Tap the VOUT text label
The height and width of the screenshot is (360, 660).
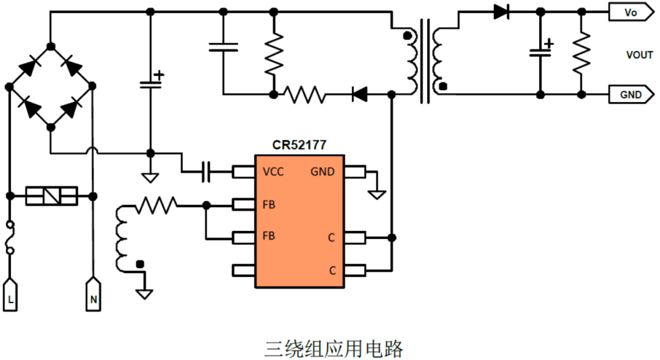pos(639,54)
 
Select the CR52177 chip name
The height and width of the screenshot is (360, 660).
pos(299,145)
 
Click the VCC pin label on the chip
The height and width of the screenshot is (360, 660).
pos(273,172)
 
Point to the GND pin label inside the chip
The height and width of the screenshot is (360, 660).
pos(322,172)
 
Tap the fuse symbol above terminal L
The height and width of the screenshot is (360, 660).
pos(10,238)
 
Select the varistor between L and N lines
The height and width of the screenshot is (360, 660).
pos(51,196)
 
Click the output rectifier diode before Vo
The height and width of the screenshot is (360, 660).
pos(502,12)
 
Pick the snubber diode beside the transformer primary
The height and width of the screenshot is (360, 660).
pos(360,94)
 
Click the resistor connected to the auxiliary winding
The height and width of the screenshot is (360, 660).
pos(156,205)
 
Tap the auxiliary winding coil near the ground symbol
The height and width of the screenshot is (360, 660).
pos(123,238)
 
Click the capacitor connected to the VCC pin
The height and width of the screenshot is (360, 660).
pos(206,172)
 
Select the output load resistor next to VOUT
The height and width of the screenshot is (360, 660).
pos(581,53)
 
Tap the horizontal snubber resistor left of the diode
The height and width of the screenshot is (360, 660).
pos(304,94)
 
